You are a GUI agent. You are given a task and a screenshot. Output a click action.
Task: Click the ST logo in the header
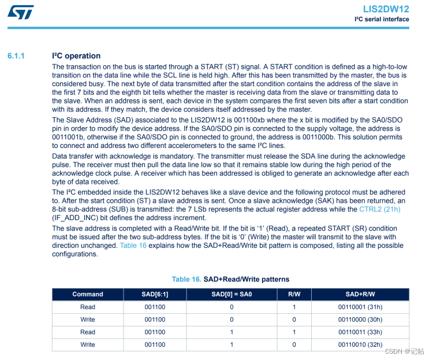tap(21, 12)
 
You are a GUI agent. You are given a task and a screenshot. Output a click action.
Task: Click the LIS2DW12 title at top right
tap(386, 9)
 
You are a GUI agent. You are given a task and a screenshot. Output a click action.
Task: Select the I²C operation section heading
tap(76, 56)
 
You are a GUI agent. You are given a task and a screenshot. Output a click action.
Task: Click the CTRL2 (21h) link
tap(380, 209)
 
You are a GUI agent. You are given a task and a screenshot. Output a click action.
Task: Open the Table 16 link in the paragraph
tap(133, 246)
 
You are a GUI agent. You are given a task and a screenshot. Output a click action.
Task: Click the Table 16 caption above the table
tap(230, 279)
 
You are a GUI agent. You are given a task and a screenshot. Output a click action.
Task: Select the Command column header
tap(88, 294)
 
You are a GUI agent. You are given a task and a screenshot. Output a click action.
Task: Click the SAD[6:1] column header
tap(155, 294)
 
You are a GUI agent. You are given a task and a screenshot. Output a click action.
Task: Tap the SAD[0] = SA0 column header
tap(232, 294)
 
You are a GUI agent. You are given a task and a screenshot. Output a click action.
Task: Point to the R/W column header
tap(294, 294)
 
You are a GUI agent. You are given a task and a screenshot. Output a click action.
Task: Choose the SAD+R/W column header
tap(360, 294)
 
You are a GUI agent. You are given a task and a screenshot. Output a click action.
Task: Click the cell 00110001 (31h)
tap(360, 307)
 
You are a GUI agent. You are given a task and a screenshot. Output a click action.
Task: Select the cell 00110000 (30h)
tap(360, 320)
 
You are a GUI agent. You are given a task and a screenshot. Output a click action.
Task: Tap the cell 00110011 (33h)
tap(360, 332)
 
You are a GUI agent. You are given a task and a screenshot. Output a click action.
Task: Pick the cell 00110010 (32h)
tap(360, 344)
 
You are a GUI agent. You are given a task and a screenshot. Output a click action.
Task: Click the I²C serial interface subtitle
tap(382, 20)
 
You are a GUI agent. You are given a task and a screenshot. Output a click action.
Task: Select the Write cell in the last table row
tap(88, 344)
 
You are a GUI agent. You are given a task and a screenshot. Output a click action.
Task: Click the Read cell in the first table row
tap(88, 307)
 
